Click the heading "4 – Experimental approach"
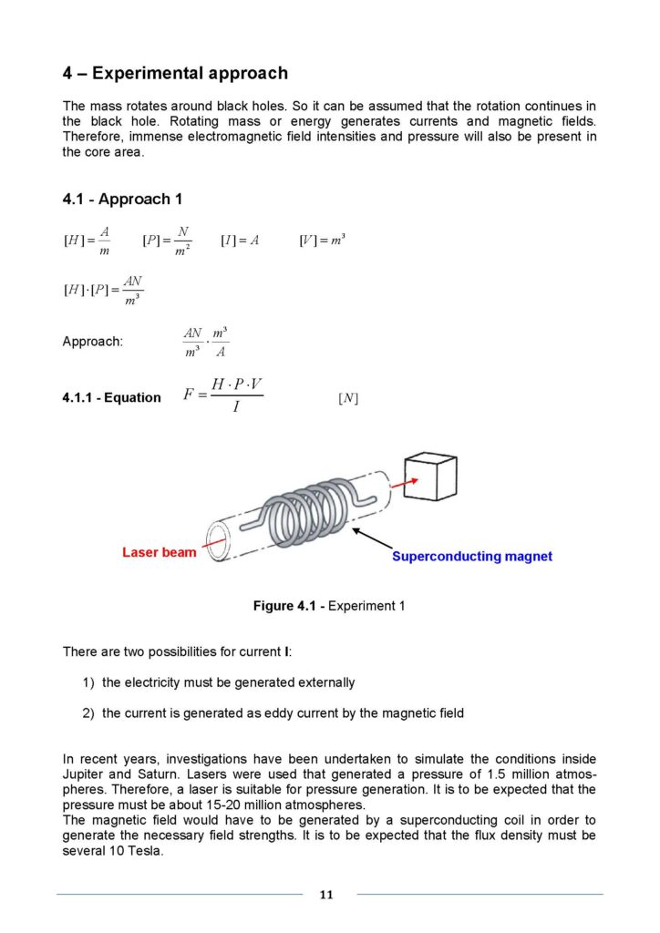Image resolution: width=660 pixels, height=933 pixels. tap(175, 74)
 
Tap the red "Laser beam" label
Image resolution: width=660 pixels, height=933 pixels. tap(159, 552)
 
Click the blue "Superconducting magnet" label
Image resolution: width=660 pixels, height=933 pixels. tap(471, 556)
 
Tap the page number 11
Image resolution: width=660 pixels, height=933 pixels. tap(326, 895)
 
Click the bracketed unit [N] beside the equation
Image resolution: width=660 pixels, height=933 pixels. tap(347, 398)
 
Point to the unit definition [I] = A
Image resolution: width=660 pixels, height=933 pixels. tap(240, 241)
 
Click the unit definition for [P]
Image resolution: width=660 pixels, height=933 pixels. tap(167, 241)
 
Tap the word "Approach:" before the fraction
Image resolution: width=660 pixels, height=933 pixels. tap(92, 342)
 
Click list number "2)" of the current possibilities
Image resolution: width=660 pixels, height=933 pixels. tap(88, 713)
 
